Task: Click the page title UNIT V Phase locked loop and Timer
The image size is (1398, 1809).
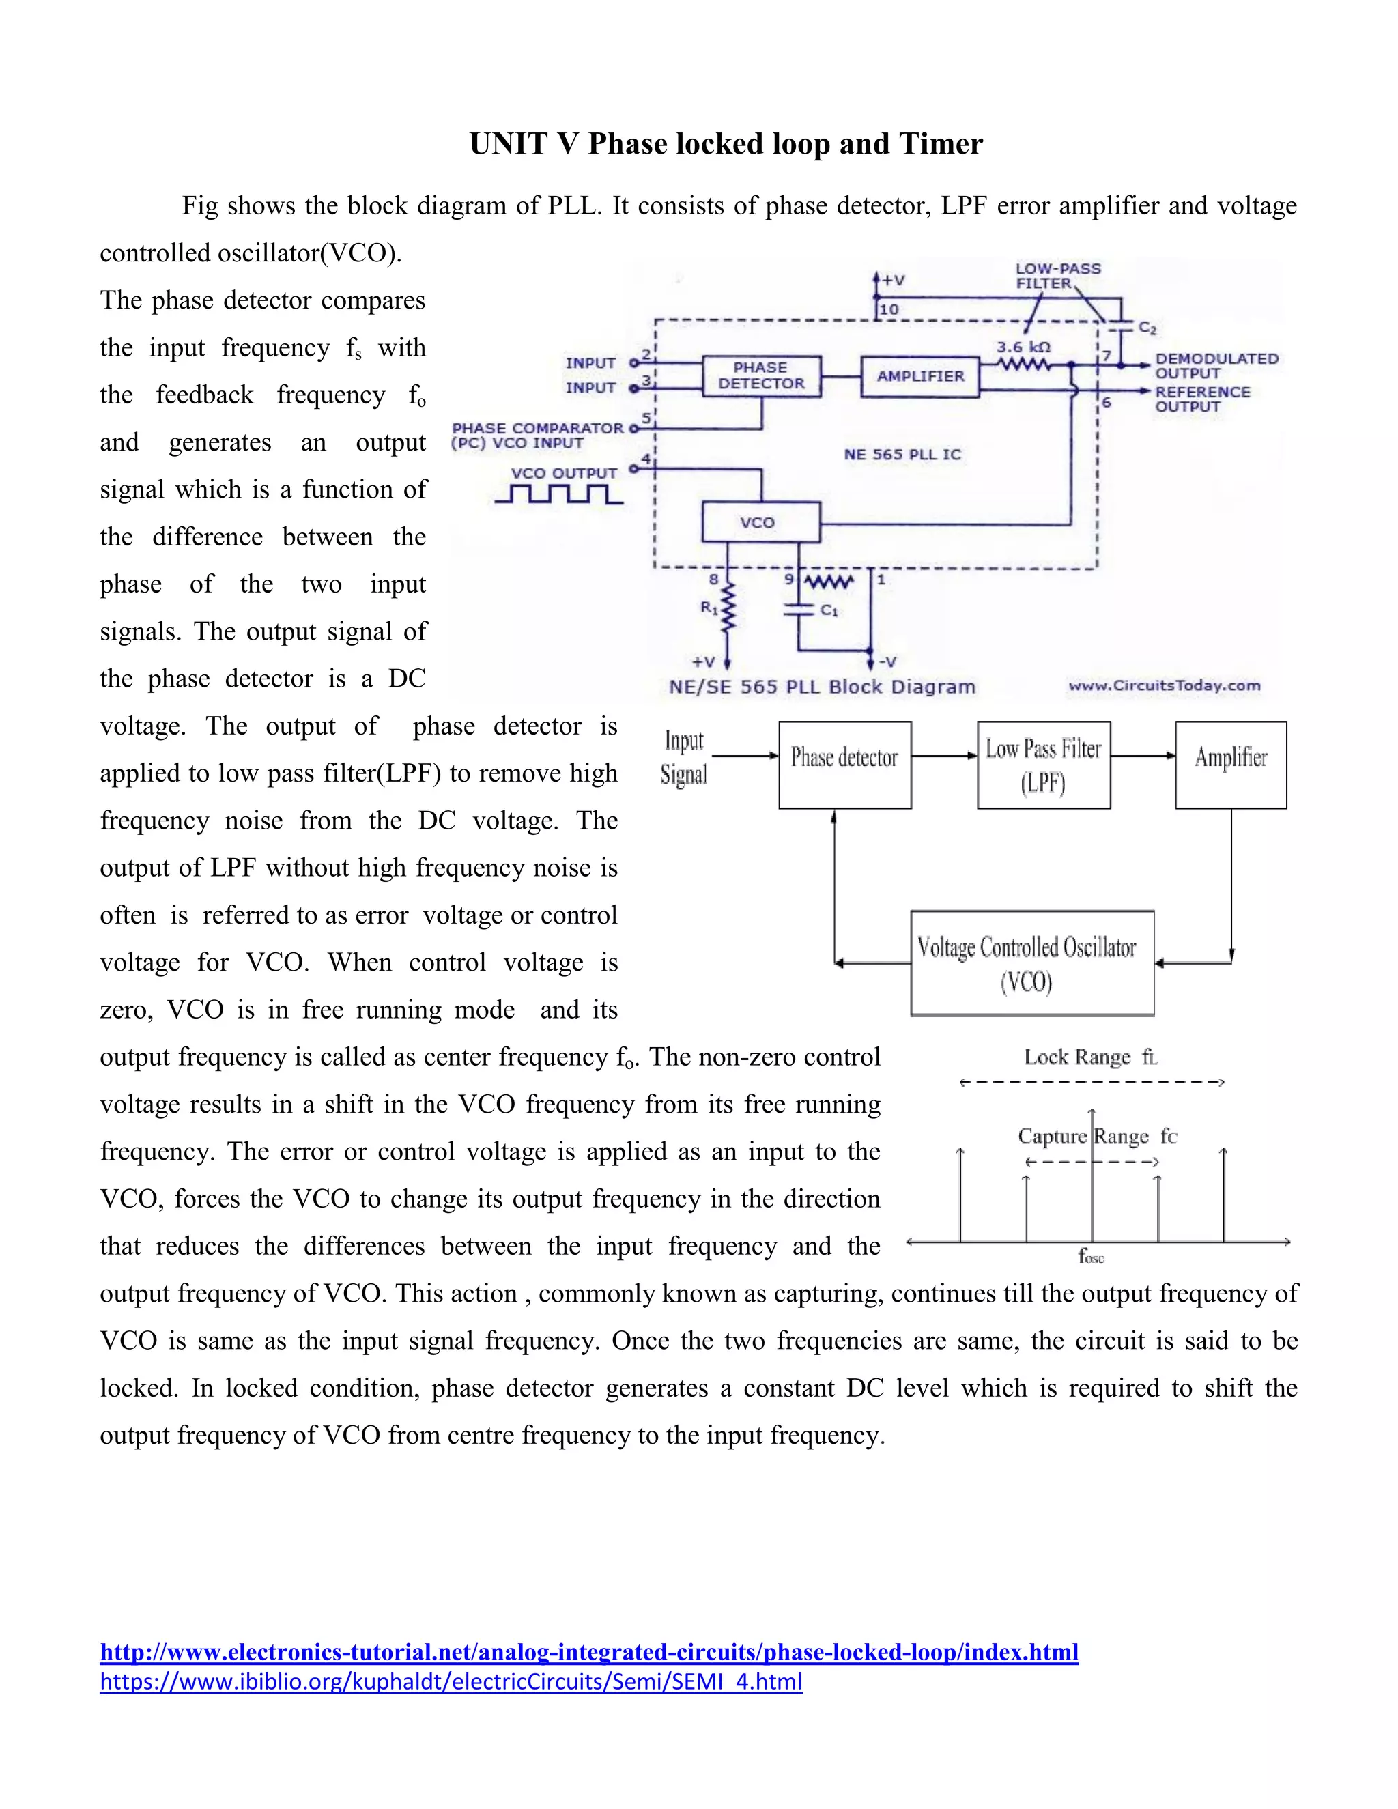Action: pos(726,144)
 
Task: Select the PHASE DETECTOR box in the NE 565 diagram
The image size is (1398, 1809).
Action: pos(761,376)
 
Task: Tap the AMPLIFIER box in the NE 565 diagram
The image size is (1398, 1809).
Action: pos(920,376)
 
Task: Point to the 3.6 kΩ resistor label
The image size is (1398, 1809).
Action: pos(1024,347)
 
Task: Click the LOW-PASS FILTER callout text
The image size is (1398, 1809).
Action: pos(1057,276)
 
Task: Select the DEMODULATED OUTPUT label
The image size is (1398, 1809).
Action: pos(1216,365)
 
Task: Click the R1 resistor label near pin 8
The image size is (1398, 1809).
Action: pos(709,607)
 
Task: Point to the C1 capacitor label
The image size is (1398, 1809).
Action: pos(829,610)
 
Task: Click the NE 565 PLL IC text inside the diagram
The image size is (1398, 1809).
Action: pos(902,455)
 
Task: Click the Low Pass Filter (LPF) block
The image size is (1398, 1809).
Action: pos(1043,765)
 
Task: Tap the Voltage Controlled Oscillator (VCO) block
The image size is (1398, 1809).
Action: pos(1031,963)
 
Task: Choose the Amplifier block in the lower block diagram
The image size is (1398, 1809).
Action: pos(1231,765)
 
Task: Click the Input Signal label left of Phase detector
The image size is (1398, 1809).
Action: pos(684,757)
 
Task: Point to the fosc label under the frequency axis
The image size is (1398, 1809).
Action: pos(1091,1257)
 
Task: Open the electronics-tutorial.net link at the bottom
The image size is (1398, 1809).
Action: pos(589,1653)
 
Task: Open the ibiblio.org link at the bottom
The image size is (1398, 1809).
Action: pos(451,1681)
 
